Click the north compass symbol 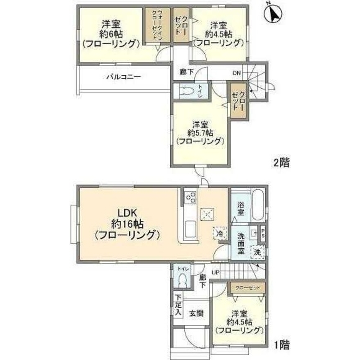pos(273,13)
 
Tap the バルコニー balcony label pos(123,77)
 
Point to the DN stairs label pos(236,73)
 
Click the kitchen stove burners pos(190,197)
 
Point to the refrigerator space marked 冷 pos(220,233)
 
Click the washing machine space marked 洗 pos(257,252)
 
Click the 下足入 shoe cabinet pos(177,306)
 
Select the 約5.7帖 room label pos(199,133)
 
